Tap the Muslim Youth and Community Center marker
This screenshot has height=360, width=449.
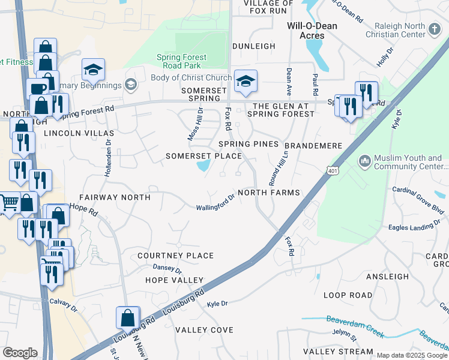[364, 161]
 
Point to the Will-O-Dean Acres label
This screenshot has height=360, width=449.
[312, 31]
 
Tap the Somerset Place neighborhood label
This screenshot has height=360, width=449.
[203, 156]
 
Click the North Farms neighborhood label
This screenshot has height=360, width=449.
[268, 193]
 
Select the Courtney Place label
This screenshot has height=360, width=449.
[175, 256]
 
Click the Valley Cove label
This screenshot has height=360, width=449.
[204, 330]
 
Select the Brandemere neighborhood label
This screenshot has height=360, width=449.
[313, 146]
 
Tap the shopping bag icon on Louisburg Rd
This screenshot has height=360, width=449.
[128, 317]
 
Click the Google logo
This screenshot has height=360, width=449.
[20, 353]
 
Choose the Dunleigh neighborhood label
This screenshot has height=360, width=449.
[254, 46]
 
